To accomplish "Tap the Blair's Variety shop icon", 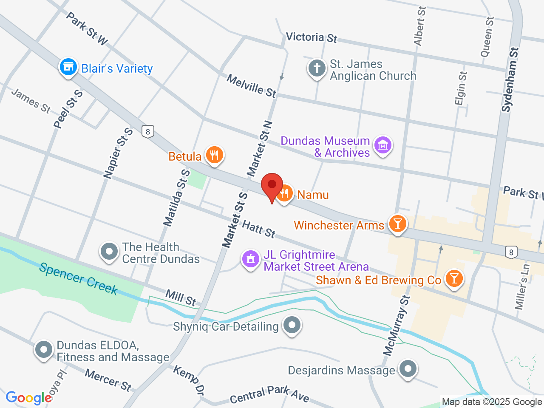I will [68, 67].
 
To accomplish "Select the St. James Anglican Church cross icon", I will [317, 68].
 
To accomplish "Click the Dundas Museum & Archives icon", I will [383, 145].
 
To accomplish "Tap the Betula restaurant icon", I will [215, 155].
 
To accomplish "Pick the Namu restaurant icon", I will [284, 194].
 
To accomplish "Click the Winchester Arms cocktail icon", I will [398, 224].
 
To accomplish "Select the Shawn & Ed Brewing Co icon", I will [454, 279].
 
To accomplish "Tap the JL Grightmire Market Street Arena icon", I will [251, 259].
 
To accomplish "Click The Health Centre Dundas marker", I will [109, 252].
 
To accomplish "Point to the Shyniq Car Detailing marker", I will [292, 326].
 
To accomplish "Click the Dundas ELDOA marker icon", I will [43, 350].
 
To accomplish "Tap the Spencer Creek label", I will [79, 279].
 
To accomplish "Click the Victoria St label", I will [312, 37].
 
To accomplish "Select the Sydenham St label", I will [510, 80].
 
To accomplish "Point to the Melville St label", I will [251, 85].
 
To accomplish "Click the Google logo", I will [29, 398].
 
